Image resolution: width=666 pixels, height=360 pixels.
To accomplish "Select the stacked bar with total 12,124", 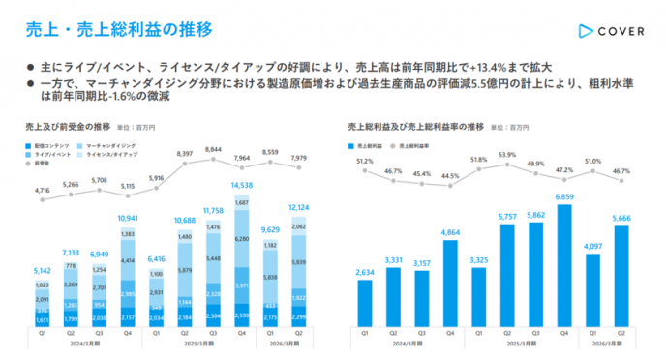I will (300, 272).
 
